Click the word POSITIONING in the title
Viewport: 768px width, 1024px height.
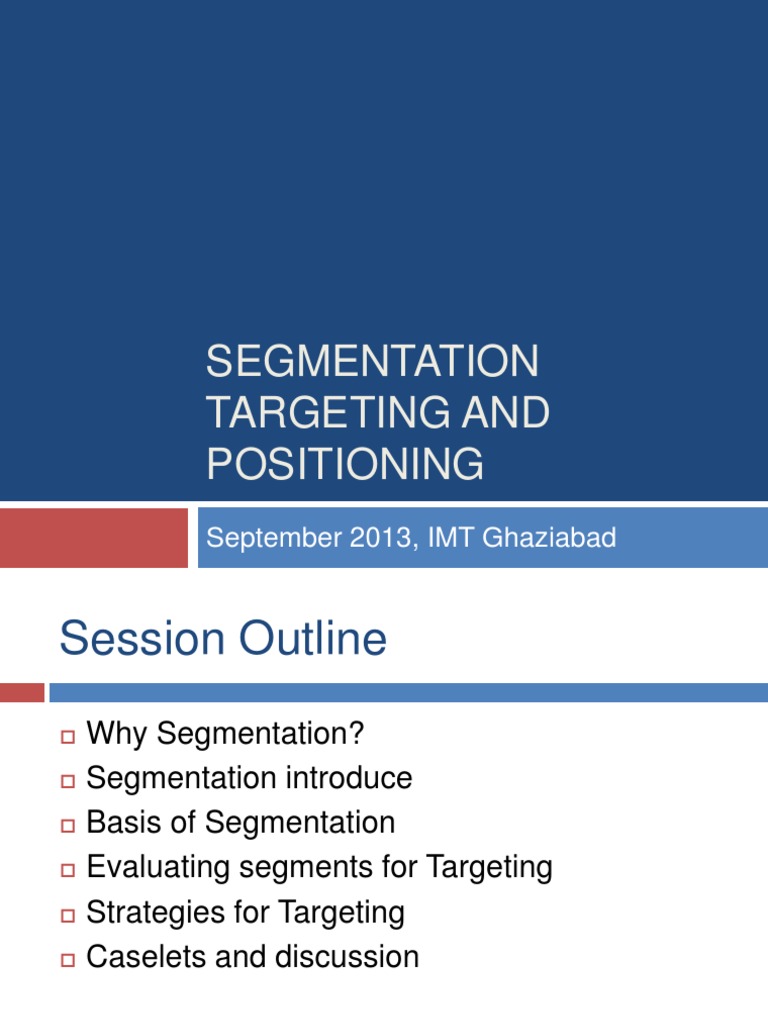click(345, 465)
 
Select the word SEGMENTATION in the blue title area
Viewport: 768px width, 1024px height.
click(372, 361)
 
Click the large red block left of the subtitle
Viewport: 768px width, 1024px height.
click(93, 538)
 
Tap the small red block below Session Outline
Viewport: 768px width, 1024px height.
click(22, 692)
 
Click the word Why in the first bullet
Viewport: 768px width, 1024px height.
click(118, 734)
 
